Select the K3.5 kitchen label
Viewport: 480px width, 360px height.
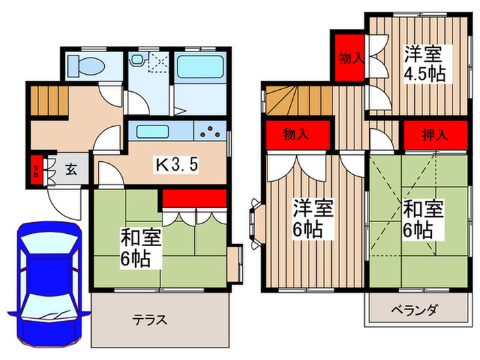click(178, 165)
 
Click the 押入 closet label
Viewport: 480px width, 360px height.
click(435, 134)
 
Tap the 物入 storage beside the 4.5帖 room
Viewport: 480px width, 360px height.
click(350, 58)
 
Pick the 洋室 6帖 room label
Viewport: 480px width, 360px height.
click(313, 217)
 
